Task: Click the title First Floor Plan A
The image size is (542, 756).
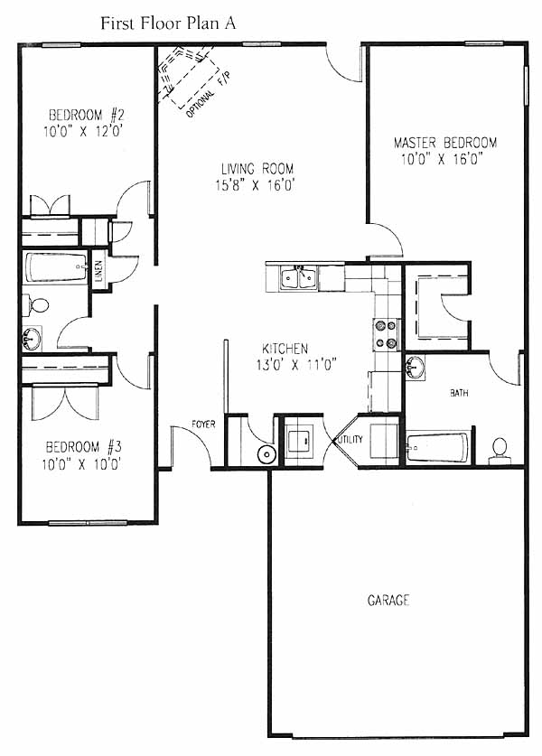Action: point(168,23)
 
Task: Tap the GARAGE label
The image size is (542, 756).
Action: point(388,601)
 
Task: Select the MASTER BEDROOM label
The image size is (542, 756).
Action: point(445,143)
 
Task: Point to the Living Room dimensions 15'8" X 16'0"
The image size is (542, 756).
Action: point(255,185)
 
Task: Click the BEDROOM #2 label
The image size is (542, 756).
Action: point(87,115)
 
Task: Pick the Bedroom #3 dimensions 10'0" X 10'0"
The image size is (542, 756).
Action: point(81,464)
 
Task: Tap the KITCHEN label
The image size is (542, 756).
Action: point(285,348)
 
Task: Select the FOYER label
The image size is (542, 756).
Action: point(203,425)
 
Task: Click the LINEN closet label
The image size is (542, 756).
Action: point(98,271)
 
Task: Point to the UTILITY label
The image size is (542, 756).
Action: point(350,439)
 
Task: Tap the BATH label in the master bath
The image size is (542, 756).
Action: point(459,393)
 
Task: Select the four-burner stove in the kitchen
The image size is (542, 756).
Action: point(387,333)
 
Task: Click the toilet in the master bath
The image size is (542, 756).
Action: point(500,452)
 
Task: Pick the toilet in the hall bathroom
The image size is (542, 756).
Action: point(36,305)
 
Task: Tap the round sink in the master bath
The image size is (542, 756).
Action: point(415,368)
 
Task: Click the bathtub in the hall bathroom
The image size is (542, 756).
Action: point(56,267)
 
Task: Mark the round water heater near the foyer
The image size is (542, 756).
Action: point(266,454)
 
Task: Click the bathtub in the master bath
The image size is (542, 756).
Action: point(437,448)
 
